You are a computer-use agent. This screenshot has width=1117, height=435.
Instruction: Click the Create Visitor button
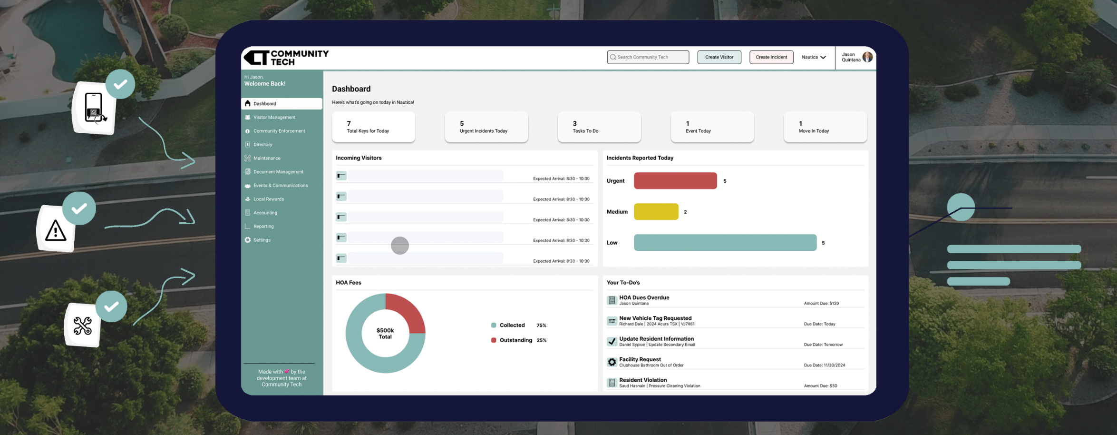[x=719, y=57]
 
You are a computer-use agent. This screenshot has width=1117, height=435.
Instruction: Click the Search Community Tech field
[x=648, y=57]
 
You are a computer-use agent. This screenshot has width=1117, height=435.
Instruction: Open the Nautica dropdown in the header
[x=813, y=57]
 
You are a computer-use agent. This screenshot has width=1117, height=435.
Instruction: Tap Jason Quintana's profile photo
[x=867, y=57]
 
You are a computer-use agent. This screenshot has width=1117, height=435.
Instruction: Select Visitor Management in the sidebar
[x=274, y=117]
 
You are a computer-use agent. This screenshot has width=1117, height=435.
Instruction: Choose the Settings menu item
[x=262, y=240]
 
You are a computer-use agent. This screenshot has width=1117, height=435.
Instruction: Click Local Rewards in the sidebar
[x=268, y=199]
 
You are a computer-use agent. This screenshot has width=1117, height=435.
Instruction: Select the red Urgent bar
[x=675, y=181]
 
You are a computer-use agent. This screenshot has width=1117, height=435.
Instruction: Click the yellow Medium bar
[x=656, y=212]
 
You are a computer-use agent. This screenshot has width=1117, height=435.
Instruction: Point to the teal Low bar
[x=725, y=243]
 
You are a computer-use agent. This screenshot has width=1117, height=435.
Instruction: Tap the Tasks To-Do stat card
[x=599, y=127]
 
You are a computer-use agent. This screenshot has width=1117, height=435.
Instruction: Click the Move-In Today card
[x=825, y=127]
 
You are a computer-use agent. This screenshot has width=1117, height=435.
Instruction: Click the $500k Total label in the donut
[x=385, y=333]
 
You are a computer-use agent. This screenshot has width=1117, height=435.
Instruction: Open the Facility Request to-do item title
[x=640, y=359]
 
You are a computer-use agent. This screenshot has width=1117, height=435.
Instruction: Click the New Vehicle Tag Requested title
[x=655, y=318]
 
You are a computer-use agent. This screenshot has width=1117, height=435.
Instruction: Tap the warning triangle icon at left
[x=56, y=231]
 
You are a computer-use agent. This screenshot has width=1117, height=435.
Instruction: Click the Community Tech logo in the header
[x=286, y=58]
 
